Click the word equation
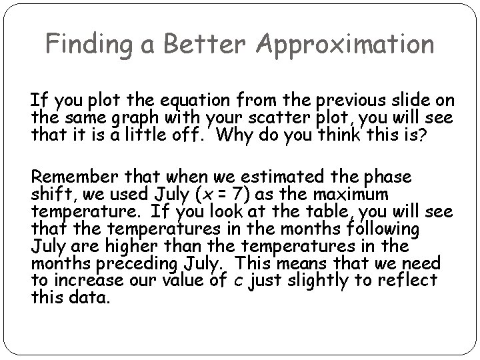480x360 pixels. pyautogui.click(x=202, y=101)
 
